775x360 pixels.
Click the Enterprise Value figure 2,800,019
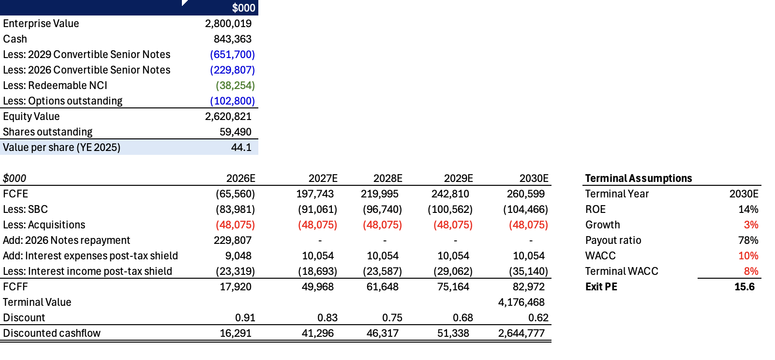pyautogui.click(x=228, y=23)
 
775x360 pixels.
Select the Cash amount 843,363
pyautogui.click(x=232, y=39)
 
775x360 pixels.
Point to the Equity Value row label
pyautogui.click(x=31, y=116)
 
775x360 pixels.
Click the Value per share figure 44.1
pyautogui.click(x=241, y=147)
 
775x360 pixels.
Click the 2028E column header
pyautogui.click(x=387, y=178)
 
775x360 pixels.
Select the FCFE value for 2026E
pyautogui.click(x=235, y=194)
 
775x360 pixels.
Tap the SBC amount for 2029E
pyautogui.click(x=450, y=209)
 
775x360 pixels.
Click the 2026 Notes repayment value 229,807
pyautogui.click(x=232, y=240)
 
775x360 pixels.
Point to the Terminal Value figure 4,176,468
pyautogui.click(x=521, y=302)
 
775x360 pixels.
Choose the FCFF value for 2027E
pyautogui.click(x=317, y=286)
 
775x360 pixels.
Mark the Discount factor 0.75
pyautogui.click(x=392, y=317)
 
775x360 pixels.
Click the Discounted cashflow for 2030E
pyautogui.click(x=521, y=333)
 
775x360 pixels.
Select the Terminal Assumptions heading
pyautogui.click(x=638, y=178)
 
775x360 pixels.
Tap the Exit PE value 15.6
pyautogui.click(x=744, y=286)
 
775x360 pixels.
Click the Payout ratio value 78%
pyautogui.click(x=748, y=240)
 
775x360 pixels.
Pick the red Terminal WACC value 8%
pyautogui.click(x=751, y=271)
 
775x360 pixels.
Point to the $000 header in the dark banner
pyautogui.click(x=243, y=8)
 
